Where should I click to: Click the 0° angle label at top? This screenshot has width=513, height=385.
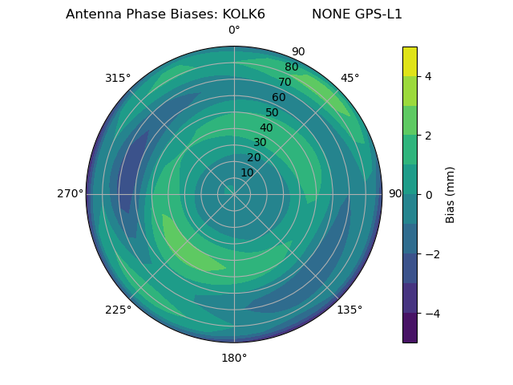tap(234, 30)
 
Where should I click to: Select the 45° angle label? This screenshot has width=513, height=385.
tap(349, 78)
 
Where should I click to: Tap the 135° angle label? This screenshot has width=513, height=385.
tap(349, 310)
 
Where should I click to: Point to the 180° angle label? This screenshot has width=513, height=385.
tap(234, 358)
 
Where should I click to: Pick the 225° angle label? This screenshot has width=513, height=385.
tap(118, 310)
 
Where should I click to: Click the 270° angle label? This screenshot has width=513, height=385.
tap(70, 194)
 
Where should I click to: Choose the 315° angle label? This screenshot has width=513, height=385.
tap(118, 78)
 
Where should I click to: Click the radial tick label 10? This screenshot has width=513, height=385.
tap(247, 172)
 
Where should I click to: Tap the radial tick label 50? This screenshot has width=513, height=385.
tap(273, 113)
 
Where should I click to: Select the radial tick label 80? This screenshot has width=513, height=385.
tap(292, 67)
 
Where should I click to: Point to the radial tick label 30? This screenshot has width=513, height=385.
tap(260, 143)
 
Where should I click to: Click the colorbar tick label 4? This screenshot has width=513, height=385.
tap(428, 76)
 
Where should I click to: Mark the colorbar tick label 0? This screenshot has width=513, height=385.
tap(428, 195)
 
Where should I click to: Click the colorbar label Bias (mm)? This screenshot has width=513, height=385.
tap(450, 195)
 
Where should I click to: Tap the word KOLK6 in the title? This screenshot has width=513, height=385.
tap(244, 14)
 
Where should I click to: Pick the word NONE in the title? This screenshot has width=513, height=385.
tap(329, 14)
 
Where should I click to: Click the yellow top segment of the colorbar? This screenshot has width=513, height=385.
tap(410, 61)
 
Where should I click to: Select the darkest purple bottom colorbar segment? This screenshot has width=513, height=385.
tap(410, 328)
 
